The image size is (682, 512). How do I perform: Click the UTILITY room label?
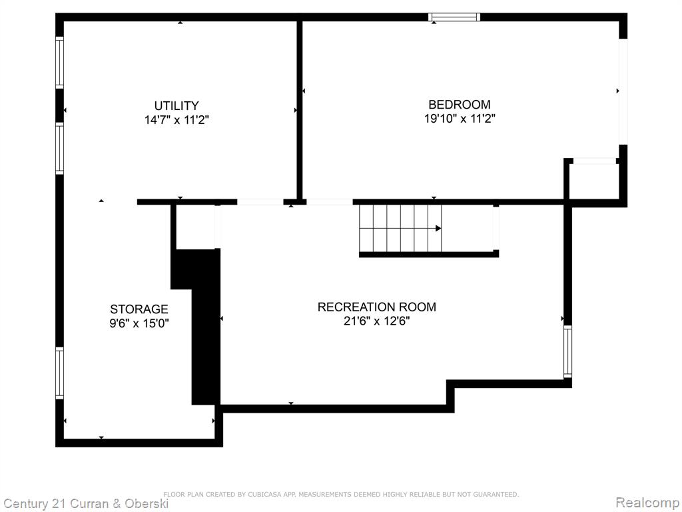pos(176,106)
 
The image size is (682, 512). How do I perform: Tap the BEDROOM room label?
pos(460,105)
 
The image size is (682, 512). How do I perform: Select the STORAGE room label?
pos(139,309)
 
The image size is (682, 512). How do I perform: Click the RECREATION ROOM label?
pos(377,307)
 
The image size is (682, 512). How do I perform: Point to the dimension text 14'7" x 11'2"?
pos(176,120)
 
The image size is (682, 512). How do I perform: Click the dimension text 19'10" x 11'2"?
pos(460,119)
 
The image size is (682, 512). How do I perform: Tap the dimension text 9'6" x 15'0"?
pos(139,323)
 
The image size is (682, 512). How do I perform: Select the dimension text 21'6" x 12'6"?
pos(377,321)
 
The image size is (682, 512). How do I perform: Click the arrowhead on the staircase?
pos(438,228)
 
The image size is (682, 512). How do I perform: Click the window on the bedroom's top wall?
pos(454,17)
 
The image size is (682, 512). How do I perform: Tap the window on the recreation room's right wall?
pos(567,352)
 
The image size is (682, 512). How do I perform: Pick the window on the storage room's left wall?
pos(59,373)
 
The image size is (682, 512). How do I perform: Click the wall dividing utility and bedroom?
pos(299,111)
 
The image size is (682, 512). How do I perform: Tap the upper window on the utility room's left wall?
pos(59,63)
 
